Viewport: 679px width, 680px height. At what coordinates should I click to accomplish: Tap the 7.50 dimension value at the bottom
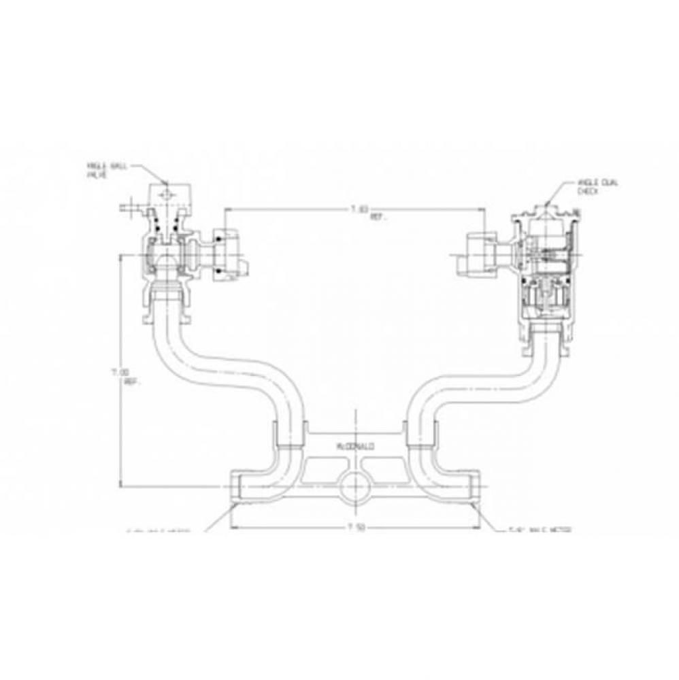pyautogui.click(x=352, y=527)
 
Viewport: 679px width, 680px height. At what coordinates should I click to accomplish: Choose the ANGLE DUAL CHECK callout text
pyautogui.click(x=592, y=188)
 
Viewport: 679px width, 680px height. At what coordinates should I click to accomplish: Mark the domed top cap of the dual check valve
pyautogui.click(x=548, y=211)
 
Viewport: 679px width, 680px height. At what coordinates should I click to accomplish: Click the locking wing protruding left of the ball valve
pyautogui.click(x=128, y=206)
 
